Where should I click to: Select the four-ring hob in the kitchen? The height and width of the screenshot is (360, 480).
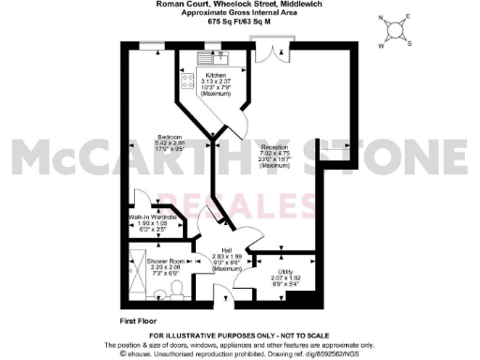(187, 83)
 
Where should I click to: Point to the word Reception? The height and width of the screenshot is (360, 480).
(275, 147)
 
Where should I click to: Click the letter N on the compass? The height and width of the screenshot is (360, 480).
(382, 19)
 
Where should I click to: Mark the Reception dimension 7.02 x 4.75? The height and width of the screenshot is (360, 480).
(275, 153)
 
